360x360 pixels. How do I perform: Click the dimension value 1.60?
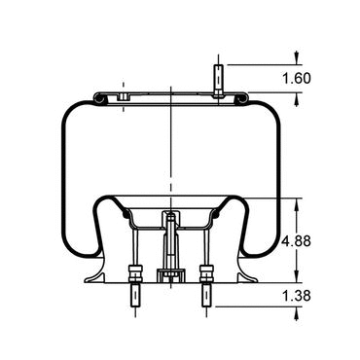(x=297, y=78)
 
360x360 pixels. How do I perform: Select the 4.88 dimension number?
(x=297, y=241)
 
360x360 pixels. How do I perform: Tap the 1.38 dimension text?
(x=297, y=296)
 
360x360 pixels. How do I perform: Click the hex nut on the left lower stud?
(x=135, y=274)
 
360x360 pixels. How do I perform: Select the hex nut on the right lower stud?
(x=206, y=274)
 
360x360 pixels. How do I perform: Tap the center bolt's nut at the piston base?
(x=170, y=275)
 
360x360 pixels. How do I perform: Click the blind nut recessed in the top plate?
(x=123, y=96)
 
